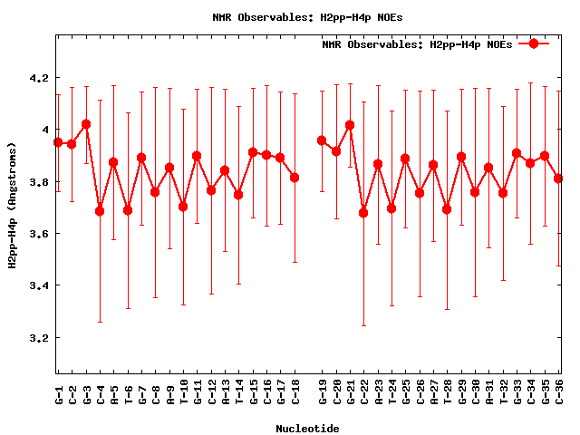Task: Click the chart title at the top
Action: [290, 17]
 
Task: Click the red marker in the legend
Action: [534, 43]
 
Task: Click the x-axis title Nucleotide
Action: [308, 429]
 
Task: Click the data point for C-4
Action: [100, 211]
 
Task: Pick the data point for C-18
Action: [295, 178]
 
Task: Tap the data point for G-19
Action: [322, 140]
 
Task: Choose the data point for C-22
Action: [363, 213]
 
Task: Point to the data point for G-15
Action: [253, 152]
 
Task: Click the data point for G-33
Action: [517, 153]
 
